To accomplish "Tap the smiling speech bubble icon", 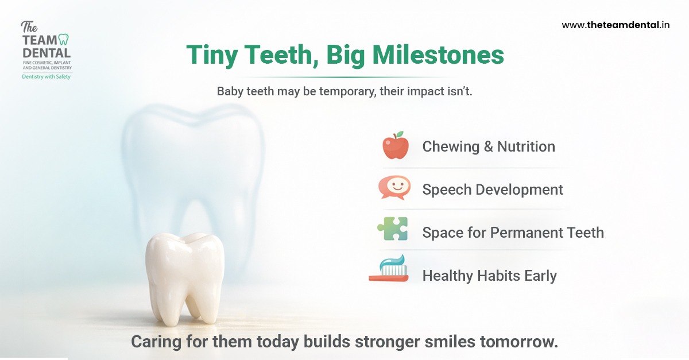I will pos(394,188).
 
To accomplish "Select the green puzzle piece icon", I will pos(393,230).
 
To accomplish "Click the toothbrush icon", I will pos(389,269).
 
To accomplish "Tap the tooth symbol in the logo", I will pos(64,40).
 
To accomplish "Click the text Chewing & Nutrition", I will pos(489,146).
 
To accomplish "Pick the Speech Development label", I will pos(493,189).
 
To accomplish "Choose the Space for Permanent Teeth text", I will pos(513,233).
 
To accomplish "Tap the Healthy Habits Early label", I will pos(489,276).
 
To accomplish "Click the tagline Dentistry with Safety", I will pos(46,76).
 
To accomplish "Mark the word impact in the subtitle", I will pos(425,91).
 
